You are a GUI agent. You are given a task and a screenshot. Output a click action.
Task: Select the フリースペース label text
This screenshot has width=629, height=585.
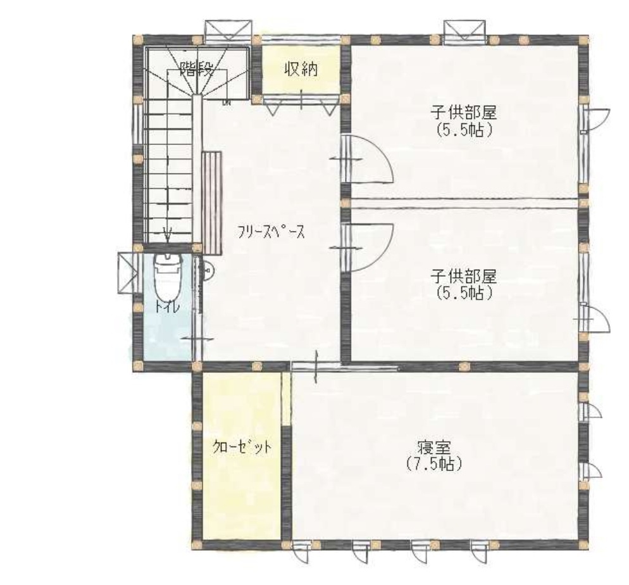point(271,232)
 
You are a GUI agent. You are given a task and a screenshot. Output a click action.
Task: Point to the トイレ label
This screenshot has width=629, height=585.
point(167,306)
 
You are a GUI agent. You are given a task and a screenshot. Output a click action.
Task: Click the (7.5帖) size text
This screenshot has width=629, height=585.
point(434,464)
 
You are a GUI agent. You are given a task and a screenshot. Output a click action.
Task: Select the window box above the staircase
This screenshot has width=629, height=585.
point(229,30)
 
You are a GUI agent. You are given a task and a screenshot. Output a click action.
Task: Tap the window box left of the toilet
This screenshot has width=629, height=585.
point(127,272)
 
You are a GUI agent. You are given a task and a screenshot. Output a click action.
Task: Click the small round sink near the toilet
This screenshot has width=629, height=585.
point(209,271)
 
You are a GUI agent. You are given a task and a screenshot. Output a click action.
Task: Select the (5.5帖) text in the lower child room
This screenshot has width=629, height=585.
point(464,293)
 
